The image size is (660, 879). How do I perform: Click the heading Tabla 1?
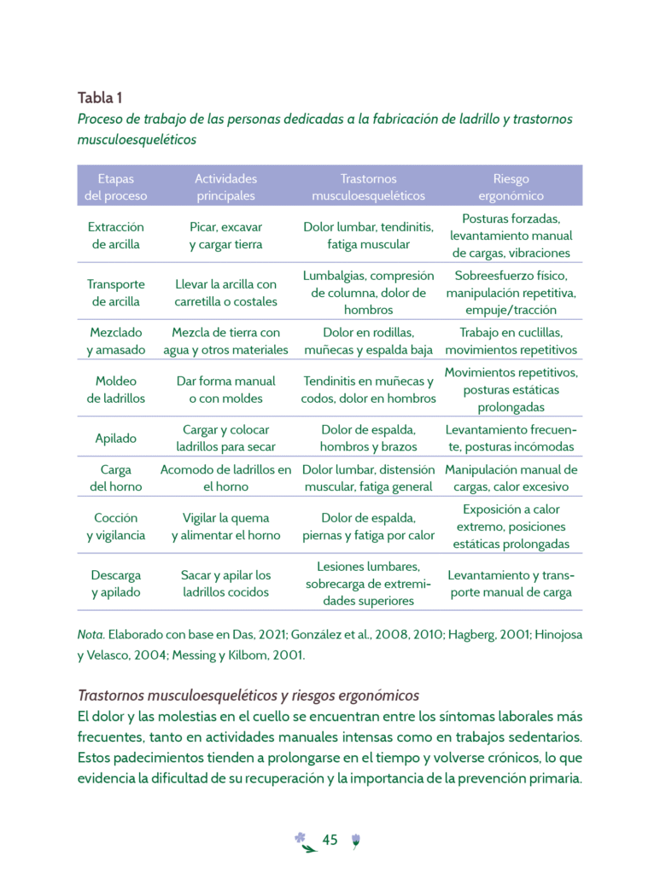(x=100, y=97)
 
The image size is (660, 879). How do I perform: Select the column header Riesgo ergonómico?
(x=511, y=187)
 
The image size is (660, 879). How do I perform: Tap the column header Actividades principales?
(x=225, y=187)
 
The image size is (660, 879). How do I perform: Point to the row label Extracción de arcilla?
(x=116, y=236)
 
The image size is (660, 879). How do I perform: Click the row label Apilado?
(x=116, y=439)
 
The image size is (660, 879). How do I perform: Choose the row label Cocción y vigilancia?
(x=116, y=527)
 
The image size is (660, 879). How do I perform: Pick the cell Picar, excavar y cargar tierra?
(x=225, y=236)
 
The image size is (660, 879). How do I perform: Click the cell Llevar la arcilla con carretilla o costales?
(x=225, y=293)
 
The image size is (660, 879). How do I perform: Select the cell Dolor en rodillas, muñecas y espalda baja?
(x=368, y=341)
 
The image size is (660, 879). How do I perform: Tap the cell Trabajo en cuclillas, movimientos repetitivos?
(x=511, y=341)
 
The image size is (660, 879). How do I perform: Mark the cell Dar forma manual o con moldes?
(x=225, y=390)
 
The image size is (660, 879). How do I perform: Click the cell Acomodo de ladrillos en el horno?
(x=225, y=478)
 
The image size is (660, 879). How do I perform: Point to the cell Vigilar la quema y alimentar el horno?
(x=225, y=527)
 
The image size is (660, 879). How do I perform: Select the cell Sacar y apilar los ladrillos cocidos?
(x=225, y=584)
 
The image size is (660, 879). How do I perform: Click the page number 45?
(x=330, y=841)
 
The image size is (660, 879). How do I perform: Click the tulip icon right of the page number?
(x=355, y=841)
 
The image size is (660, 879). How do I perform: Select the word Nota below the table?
(x=90, y=635)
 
